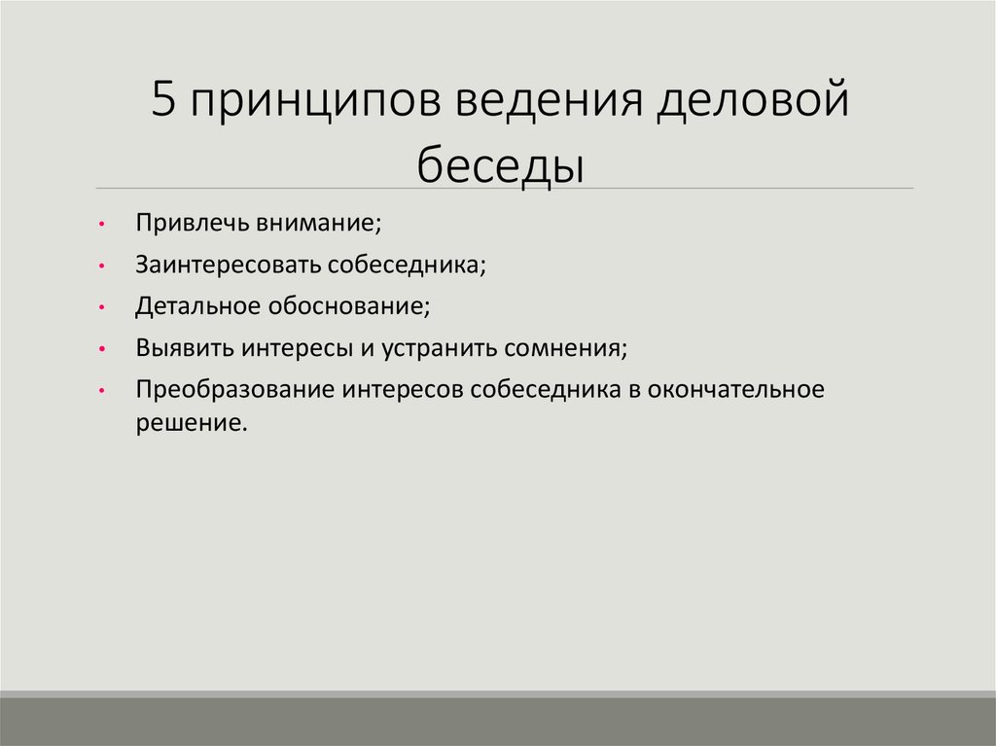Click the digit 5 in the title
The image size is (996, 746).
pyautogui.click(x=162, y=102)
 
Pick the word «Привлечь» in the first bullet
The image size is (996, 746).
pyautogui.click(x=191, y=223)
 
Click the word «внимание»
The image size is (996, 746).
pyautogui.click(x=319, y=223)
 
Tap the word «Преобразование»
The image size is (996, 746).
pyautogui.click(x=233, y=390)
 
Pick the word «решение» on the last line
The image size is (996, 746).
pyautogui.click(x=186, y=424)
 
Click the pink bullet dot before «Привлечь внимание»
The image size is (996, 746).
pyautogui.click(x=102, y=224)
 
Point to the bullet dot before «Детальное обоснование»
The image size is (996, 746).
pyautogui.click(x=102, y=307)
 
